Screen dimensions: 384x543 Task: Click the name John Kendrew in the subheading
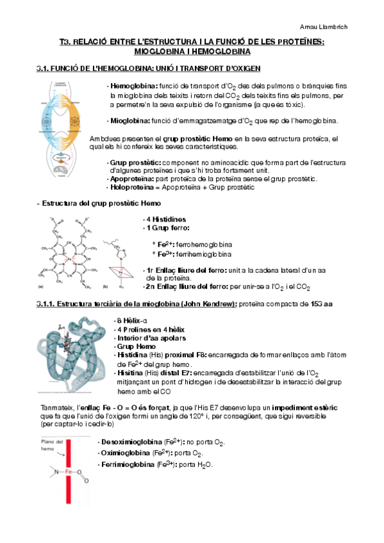(x=212, y=303)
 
